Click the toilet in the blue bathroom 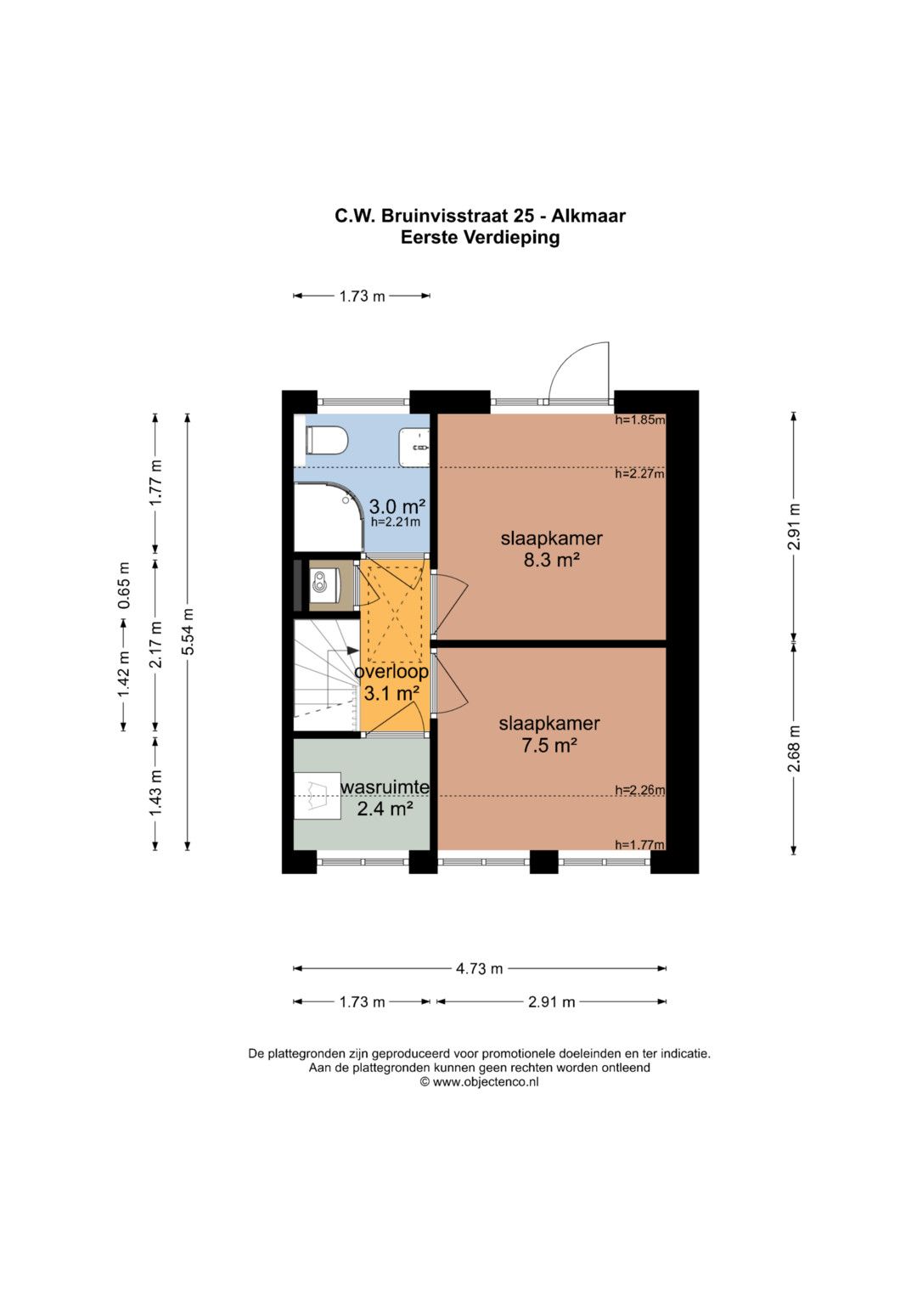click(x=326, y=441)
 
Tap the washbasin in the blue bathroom click(x=414, y=447)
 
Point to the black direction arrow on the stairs click(x=352, y=651)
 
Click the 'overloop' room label click(x=391, y=672)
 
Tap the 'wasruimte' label click(x=385, y=787)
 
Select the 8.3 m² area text click(x=552, y=560)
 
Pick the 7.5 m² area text click(x=549, y=745)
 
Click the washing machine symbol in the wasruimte click(x=317, y=796)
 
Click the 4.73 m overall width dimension click(x=480, y=968)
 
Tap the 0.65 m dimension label click(x=124, y=585)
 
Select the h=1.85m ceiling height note click(x=639, y=420)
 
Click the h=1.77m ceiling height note click(x=639, y=845)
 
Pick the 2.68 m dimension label click(x=794, y=748)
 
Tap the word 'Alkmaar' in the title click(x=588, y=216)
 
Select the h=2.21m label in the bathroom click(x=396, y=522)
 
